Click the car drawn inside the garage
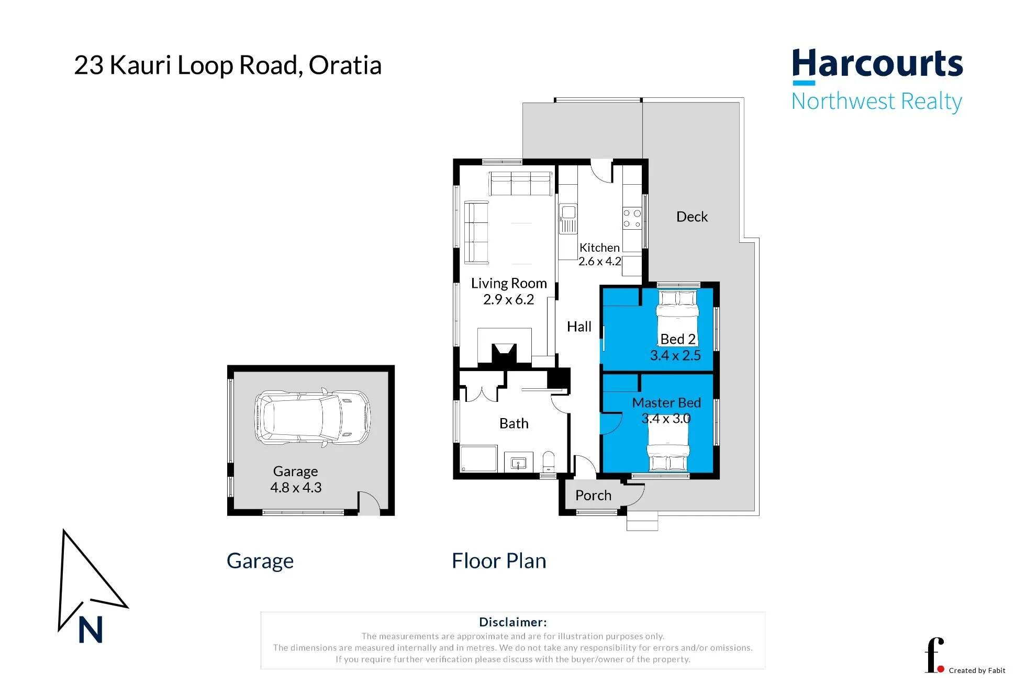click(x=313, y=418)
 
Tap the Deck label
click(x=692, y=217)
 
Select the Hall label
click(x=579, y=327)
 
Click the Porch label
click(x=593, y=495)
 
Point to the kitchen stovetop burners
click(x=632, y=219)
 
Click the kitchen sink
click(x=568, y=218)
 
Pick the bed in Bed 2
click(x=678, y=317)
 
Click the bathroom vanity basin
click(x=518, y=463)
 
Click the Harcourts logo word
click(x=877, y=64)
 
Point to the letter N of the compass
click(x=91, y=630)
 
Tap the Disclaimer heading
click(x=513, y=622)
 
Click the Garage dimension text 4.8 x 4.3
click(x=296, y=488)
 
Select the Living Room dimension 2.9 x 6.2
click(x=508, y=299)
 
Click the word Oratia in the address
click(x=345, y=65)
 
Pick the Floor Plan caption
click(x=499, y=561)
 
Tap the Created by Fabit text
click(x=977, y=670)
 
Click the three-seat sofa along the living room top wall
click(x=520, y=183)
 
